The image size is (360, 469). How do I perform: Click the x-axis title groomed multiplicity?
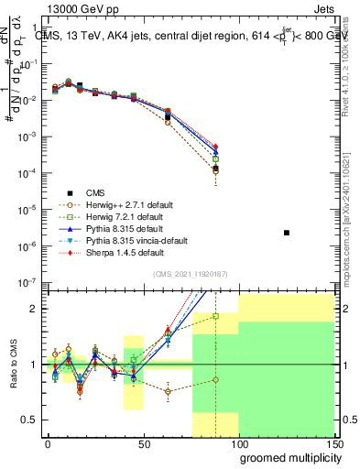point(287,456)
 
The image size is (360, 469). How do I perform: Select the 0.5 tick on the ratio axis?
point(29,420)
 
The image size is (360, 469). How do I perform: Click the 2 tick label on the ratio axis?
point(35,309)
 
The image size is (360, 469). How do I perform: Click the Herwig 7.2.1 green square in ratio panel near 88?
point(215,316)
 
